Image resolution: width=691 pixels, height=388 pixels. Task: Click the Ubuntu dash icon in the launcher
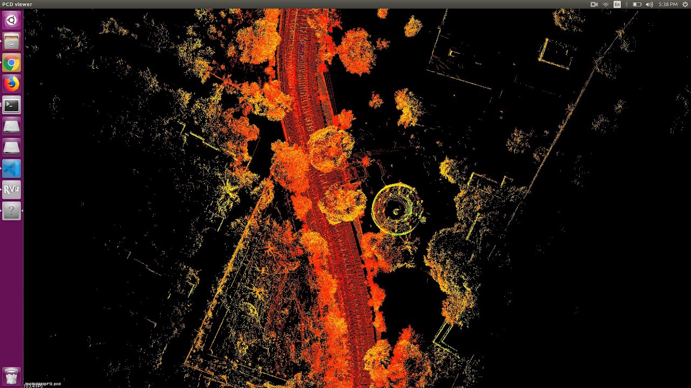(x=11, y=20)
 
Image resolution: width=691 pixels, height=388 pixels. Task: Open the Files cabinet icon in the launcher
(x=11, y=41)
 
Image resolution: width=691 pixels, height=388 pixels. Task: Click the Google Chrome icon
(x=11, y=63)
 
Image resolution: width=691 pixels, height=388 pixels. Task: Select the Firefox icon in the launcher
(x=11, y=84)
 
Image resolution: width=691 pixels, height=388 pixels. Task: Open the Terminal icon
(x=11, y=105)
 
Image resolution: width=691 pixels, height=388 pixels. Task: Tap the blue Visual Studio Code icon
(x=11, y=169)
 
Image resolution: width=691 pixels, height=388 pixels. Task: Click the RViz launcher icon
(x=11, y=190)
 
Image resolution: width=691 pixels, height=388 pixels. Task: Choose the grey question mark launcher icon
(x=11, y=211)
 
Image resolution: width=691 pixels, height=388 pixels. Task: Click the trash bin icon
(x=11, y=376)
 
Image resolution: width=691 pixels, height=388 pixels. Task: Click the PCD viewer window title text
(x=17, y=4)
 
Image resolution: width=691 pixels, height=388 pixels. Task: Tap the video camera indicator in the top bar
(x=594, y=4)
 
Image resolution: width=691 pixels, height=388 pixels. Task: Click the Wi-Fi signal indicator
(x=606, y=4)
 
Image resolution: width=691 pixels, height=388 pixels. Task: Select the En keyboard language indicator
(x=617, y=4)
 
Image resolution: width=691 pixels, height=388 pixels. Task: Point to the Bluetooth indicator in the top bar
(x=627, y=4)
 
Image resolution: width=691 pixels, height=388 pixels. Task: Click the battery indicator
(x=637, y=4)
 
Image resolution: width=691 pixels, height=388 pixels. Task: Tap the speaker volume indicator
(x=649, y=4)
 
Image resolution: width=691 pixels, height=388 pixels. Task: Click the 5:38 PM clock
(x=668, y=4)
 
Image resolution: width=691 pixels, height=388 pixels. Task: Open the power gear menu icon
(x=685, y=4)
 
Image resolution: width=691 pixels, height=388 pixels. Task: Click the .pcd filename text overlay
(x=43, y=384)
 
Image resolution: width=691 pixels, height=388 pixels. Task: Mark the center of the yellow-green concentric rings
(x=396, y=210)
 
